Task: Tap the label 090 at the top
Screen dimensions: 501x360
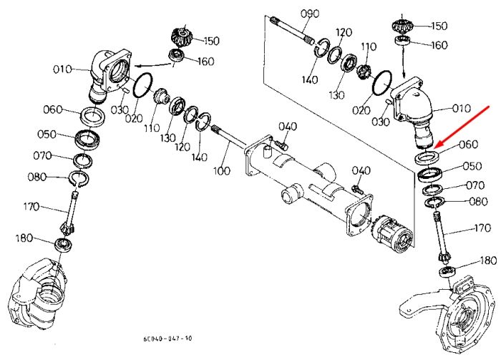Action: point(310,14)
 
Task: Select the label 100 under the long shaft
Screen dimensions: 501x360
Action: point(221,170)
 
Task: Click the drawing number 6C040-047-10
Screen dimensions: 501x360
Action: point(167,339)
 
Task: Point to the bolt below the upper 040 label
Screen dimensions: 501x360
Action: point(281,145)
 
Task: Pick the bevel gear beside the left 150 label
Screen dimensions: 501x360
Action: point(182,37)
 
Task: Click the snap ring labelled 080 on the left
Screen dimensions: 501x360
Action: point(79,178)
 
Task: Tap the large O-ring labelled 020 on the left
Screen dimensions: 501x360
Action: point(143,84)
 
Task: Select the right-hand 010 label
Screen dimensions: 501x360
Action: point(462,108)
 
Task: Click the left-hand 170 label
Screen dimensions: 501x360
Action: point(31,207)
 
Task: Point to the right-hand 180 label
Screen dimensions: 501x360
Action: point(489,261)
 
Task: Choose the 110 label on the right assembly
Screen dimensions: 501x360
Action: point(369,47)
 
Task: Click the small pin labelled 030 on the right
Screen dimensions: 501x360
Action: point(389,102)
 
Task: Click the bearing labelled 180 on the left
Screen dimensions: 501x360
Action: point(64,244)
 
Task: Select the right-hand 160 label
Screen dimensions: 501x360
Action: point(439,45)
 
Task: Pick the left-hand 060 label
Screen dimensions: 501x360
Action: point(53,110)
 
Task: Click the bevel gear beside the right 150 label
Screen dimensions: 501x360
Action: point(402,26)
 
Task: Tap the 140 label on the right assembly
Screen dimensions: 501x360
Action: point(310,79)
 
